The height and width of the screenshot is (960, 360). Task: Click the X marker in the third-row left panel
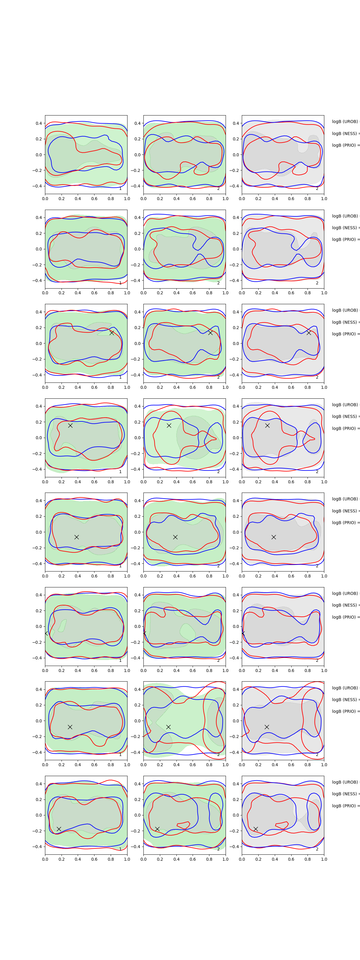(x=112, y=332)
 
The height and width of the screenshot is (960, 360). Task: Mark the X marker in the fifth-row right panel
(x=274, y=537)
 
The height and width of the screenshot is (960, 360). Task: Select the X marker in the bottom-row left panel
(x=59, y=829)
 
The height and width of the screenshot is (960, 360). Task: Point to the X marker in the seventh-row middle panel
(x=168, y=727)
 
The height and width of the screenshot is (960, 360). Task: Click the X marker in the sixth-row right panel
(x=243, y=633)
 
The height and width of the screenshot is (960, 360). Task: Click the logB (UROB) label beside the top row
(x=345, y=121)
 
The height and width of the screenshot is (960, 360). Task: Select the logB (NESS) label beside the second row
(x=345, y=228)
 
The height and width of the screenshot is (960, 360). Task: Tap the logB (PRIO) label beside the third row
(x=345, y=334)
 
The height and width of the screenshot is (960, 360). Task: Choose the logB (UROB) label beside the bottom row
(x=345, y=782)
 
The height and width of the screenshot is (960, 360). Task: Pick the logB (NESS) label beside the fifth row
(x=345, y=511)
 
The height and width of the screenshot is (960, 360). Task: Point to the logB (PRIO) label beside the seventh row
(x=345, y=711)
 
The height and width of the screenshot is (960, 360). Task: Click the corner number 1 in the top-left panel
(x=120, y=189)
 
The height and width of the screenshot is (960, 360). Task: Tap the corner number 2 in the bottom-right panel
(x=317, y=849)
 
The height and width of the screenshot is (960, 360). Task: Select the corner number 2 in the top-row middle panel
(x=218, y=189)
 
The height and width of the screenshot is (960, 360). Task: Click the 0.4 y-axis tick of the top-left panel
(x=39, y=123)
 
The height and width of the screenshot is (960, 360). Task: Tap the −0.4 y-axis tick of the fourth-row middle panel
(x=136, y=469)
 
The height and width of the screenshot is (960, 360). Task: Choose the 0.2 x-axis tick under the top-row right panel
(x=258, y=199)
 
